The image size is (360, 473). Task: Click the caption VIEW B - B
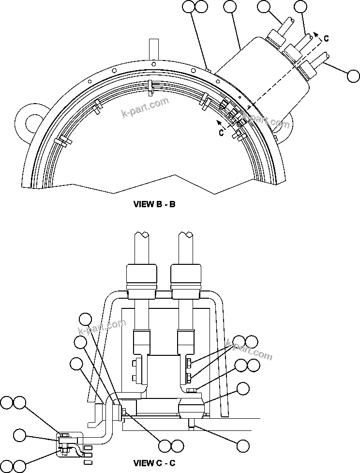(x=154, y=204)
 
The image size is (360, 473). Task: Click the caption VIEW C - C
(x=154, y=463)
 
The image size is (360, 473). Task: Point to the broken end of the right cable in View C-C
(x=186, y=236)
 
